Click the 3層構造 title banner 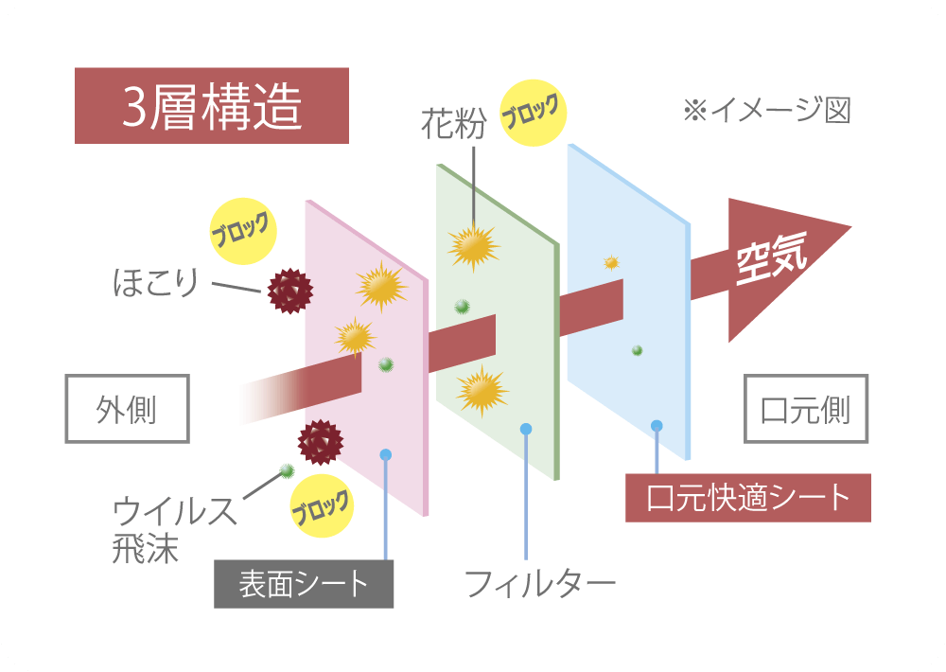(x=212, y=106)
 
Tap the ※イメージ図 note (x=767, y=111)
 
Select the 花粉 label (x=454, y=124)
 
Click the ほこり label (x=156, y=283)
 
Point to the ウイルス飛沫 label (x=174, y=529)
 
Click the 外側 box (x=128, y=410)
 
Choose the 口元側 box (x=805, y=410)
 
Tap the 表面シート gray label (x=304, y=584)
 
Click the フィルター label (x=540, y=583)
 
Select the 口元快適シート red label (x=748, y=498)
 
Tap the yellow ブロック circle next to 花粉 (x=534, y=113)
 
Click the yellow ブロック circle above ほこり (x=243, y=231)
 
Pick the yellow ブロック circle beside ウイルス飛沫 (x=322, y=506)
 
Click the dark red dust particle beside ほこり (x=290, y=291)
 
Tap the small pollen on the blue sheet (x=611, y=262)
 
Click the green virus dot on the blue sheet (x=637, y=350)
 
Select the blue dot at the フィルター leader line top (x=525, y=430)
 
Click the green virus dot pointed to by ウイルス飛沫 (x=288, y=469)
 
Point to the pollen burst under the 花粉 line (x=474, y=247)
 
